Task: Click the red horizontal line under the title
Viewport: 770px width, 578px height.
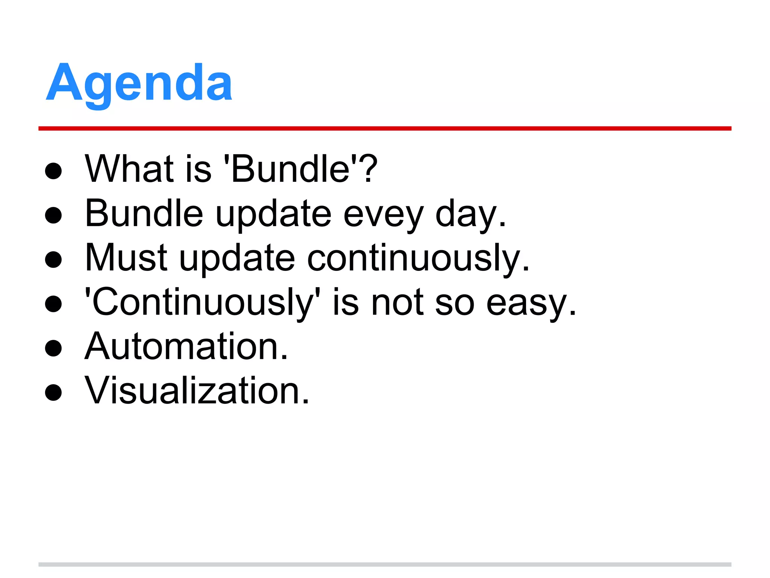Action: coord(385,129)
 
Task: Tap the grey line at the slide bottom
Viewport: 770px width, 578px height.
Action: coord(385,564)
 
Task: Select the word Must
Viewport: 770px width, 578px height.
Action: coord(126,258)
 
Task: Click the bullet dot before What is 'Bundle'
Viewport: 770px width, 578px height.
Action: coord(53,171)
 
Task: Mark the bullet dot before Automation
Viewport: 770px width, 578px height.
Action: coord(53,348)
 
